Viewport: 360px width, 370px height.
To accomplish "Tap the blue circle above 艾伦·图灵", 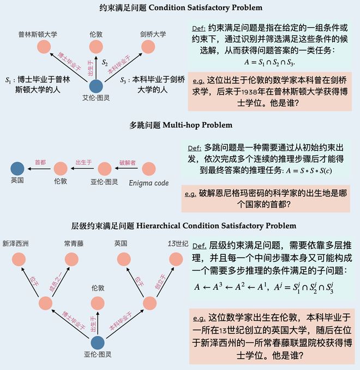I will [96, 86].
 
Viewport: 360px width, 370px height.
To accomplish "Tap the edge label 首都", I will [40, 162].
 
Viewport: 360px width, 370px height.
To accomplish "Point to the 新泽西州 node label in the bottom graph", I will [15, 243].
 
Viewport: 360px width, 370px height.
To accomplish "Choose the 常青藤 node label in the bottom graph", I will [73, 243].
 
